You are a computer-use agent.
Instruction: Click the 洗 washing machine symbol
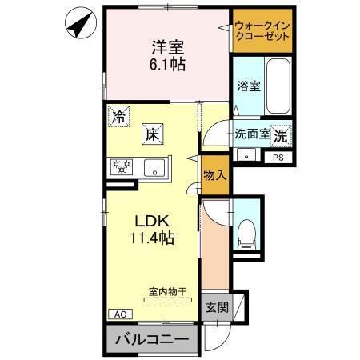coord(282,135)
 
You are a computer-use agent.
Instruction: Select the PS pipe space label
coord(278,158)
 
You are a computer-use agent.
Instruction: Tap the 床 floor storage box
coord(153,134)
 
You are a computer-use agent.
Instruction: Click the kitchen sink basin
coord(155,168)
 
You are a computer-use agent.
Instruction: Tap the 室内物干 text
coord(166,293)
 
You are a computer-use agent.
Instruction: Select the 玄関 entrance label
coord(215,307)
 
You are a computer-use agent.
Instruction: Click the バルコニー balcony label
coord(151,339)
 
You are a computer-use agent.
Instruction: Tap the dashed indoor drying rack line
coord(166,301)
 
